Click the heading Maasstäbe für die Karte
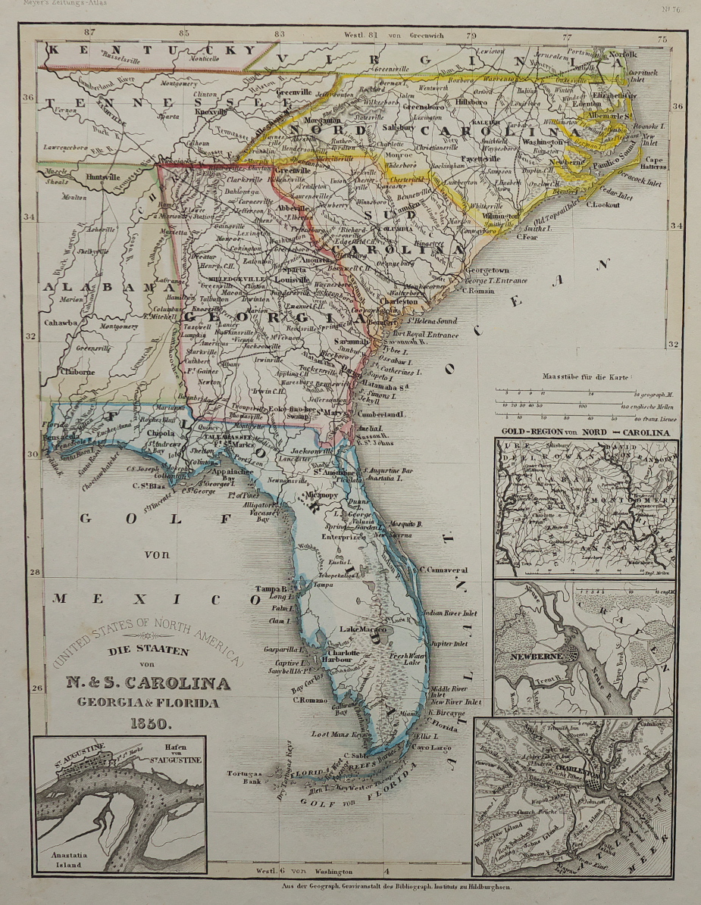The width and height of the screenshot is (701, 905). click(588, 376)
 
